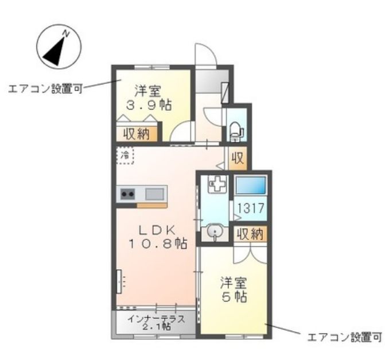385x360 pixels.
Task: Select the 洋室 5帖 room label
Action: click(234, 290)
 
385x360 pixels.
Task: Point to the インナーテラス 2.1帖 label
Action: click(156, 322)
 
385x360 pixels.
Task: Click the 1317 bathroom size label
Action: click(251, 208)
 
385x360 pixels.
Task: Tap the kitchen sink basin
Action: click(154, 192)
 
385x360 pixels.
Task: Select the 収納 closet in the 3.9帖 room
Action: click(135, 133)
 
